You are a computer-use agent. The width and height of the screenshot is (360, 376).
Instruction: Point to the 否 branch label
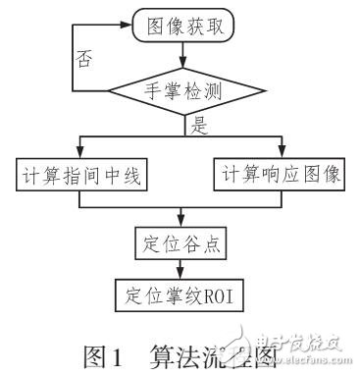pos(84,59)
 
